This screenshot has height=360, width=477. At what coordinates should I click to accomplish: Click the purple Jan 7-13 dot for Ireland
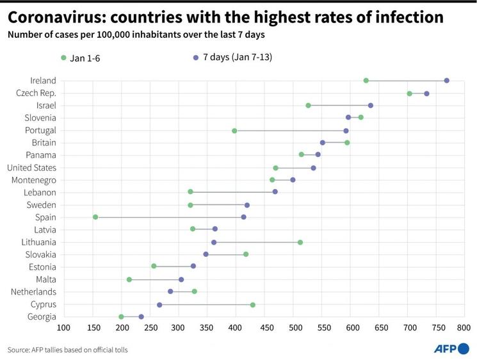tap(446, 81)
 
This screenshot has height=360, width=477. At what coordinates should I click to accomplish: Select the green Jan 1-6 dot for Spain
tap(95, 217)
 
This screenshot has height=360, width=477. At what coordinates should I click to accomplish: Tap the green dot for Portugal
tap(234, 131)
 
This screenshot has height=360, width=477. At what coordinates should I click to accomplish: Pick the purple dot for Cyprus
tap(159, 305)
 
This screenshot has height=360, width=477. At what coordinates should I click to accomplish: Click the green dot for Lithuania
tap(300, 242)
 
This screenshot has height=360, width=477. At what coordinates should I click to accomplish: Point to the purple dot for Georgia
tap(141, 316)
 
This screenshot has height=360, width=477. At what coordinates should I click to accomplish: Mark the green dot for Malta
tap(129, 279)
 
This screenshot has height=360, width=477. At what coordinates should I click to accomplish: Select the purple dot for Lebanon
tap(275, 192)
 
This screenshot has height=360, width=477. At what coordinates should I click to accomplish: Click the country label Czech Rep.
tap(36, 93)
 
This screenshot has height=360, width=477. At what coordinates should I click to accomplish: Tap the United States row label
tap(31, 168)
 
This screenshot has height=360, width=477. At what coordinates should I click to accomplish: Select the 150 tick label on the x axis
tap(93, 329)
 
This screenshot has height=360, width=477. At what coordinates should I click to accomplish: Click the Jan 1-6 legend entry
tap(81, 58)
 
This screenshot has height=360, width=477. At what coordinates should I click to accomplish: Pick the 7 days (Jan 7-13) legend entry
tap(233, 58)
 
